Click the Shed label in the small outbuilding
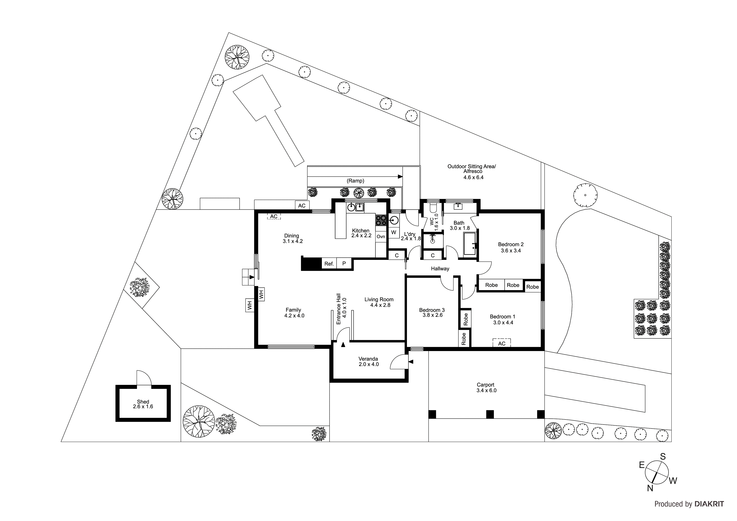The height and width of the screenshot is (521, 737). (x=143, y=402)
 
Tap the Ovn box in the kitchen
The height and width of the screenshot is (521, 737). (x=381, y=237)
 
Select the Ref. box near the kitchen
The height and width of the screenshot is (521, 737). (x=329, y=264)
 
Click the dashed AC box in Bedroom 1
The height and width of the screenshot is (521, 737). (x=502, y=343)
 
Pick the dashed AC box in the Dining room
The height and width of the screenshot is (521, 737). (x=274, y=217)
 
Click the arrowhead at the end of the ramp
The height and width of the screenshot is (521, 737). (x=400, y=176)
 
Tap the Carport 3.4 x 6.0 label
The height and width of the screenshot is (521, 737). (x=486, y=387)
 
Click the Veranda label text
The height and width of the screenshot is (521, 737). (x=368, y=359)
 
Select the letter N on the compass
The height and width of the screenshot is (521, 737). (x=650, y=497)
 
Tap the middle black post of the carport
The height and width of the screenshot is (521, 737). (x=490, y=414)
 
